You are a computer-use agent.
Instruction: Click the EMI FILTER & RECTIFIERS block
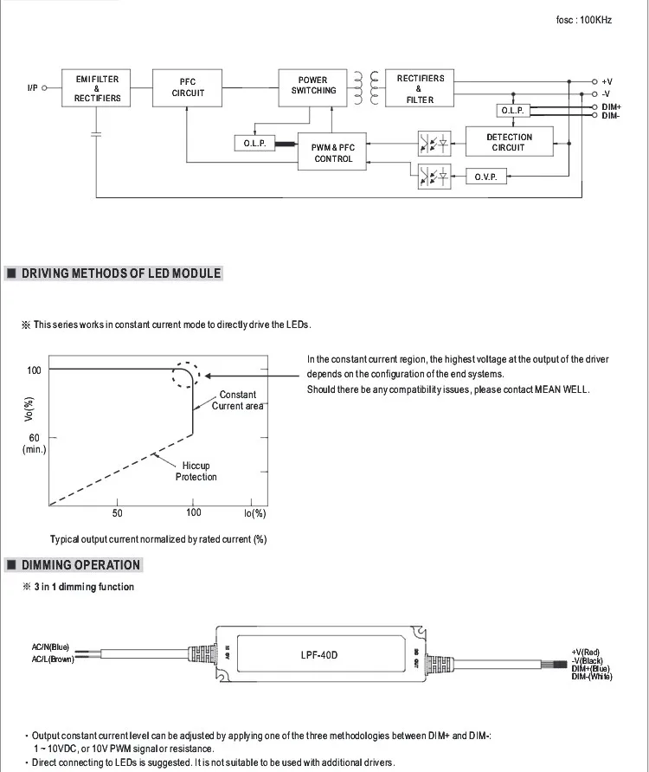click(x=96, y=88)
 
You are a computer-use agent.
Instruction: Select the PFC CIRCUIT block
click(x=188, y=88)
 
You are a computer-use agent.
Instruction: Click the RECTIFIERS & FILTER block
click(x=420, y=88)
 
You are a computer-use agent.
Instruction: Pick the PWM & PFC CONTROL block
click(x=333, y=153)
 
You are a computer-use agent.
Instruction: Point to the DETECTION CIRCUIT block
click(x=509, y=142)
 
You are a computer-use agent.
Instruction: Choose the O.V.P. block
click(x=485, y=177)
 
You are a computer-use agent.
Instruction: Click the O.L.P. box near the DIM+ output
click(x=512, y=111)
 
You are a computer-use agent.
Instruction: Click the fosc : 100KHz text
click(x=584, y=19)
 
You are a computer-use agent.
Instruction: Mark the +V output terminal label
click(x=607, y=81)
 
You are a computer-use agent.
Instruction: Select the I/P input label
click(x=33, y=87)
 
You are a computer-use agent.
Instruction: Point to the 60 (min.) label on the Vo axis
click(x=34, y=443)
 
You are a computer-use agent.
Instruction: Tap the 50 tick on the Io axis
click(x=118, y=513)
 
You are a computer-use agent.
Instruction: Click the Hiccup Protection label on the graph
click(x=196, y=472)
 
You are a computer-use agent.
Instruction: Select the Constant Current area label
click(x=237, y=401)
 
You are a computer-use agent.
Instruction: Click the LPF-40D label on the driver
click(x=319, y=655)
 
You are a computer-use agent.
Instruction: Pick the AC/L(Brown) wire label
click(x=53, y=659)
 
